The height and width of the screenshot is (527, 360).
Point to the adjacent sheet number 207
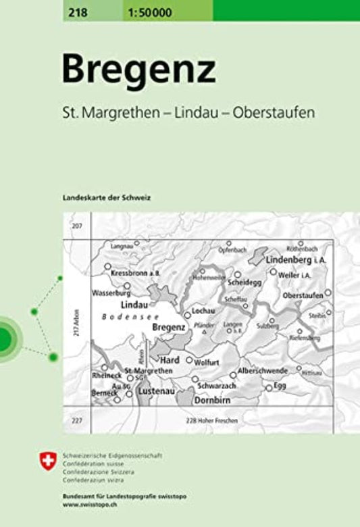coord(76,226)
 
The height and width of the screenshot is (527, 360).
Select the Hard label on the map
coord(170,360)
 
